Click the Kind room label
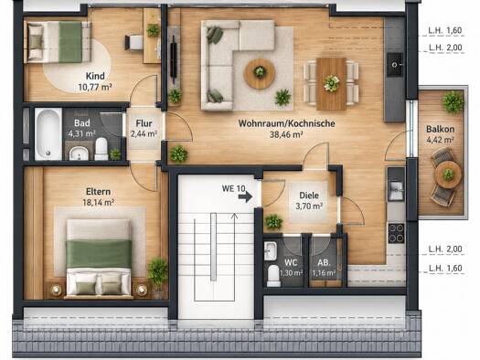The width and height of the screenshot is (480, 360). coord(95,76)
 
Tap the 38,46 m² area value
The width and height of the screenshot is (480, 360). coord(286,134)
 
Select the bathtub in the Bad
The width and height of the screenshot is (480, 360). coord(48,134)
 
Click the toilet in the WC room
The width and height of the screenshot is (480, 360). coord(273,276)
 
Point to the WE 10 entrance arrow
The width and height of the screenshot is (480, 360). coord(245,196)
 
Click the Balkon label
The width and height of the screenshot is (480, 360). coord(440,130)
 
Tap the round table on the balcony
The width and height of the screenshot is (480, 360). coord(448,175)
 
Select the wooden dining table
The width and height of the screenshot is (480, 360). coord(332,84)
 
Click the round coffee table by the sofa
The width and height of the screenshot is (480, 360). coord(260,74)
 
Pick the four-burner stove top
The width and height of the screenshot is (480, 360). coord(396,233)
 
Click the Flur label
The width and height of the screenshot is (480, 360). coord(144,123)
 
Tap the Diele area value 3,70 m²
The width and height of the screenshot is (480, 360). coord(309,206)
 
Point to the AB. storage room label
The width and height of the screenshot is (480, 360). coord(324,262)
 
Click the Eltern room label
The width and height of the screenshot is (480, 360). coord(98,192)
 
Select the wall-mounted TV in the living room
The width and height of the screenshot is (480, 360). coord(174,60)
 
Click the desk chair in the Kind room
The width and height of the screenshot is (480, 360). coord(133,43)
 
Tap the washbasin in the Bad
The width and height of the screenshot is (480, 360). coord(79,153)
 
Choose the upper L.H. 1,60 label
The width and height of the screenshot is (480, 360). coord(445,30)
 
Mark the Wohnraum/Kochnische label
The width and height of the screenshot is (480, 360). coord(286,123)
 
